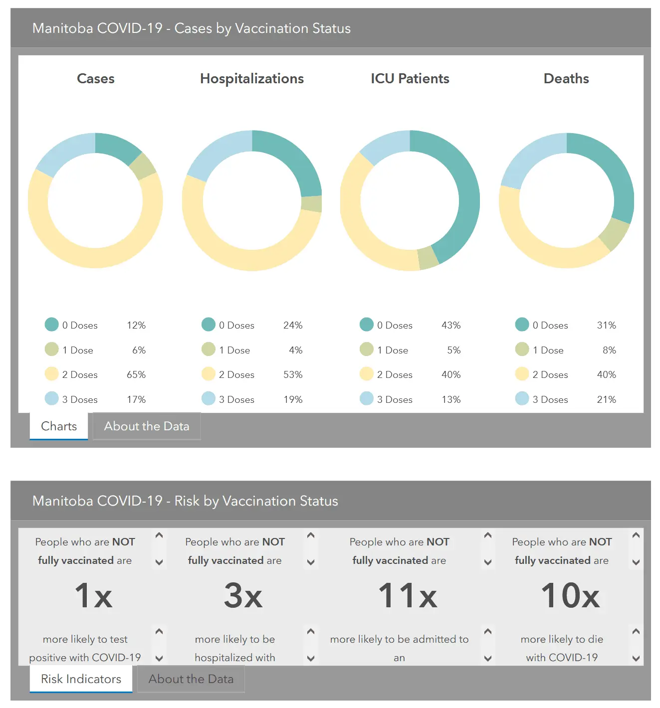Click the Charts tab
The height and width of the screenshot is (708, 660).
59,426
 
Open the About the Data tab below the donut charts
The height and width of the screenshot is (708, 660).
147,426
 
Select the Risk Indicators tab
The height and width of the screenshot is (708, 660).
81,679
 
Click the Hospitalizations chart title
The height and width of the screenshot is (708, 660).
252,79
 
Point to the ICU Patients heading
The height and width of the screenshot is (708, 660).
410,79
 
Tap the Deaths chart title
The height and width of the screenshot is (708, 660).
566,79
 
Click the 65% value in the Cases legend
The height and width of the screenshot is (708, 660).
136,374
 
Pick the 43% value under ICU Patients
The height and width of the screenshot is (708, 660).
451,325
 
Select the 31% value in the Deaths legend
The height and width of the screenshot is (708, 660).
606,325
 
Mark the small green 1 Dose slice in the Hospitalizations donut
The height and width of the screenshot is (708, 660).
312,204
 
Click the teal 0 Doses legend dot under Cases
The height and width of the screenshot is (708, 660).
51,325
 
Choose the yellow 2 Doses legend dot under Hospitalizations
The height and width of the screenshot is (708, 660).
208,374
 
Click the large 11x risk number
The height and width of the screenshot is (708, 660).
408,595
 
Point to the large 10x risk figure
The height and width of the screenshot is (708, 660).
570,595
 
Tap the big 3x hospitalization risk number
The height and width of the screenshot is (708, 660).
243,595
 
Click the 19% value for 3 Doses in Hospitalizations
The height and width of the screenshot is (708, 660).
293,399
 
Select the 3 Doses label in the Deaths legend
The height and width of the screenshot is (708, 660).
550,399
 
